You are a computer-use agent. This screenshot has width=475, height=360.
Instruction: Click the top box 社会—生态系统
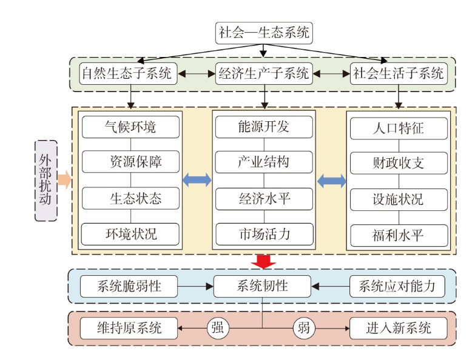[264, 32]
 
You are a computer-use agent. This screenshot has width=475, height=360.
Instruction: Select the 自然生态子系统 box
[129, 75]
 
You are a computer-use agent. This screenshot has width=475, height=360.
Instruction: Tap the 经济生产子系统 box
[264, 75]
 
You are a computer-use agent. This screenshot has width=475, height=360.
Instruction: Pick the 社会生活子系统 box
[399, 75]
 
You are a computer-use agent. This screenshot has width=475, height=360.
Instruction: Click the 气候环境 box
[131, 127]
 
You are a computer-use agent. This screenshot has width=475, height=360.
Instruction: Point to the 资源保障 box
[131, 162]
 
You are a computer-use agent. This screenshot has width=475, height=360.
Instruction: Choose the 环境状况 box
[131, 234]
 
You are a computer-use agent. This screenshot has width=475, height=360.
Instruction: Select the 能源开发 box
[264, 127]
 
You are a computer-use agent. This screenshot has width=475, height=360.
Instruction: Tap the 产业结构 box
[264, 162]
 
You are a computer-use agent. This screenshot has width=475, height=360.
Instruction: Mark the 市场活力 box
[264, 234]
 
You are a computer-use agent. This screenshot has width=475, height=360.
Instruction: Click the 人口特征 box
[399, 128]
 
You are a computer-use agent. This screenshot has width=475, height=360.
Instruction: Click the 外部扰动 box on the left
[46, 180]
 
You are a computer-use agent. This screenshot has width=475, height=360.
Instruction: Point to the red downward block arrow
[263, 261]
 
